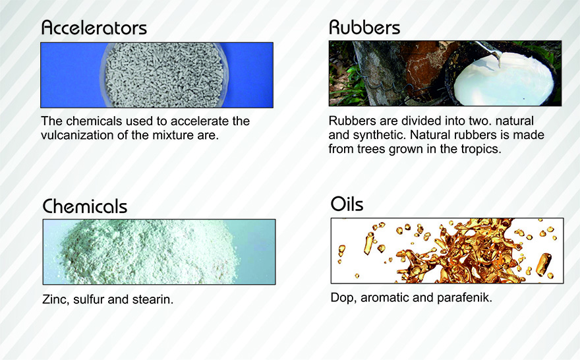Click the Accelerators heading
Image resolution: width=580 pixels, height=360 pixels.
pyautogui.click(x=94, y=28)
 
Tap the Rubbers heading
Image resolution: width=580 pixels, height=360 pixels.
pyautogui.click(x=364, y=27)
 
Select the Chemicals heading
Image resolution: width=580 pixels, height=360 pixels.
pyautogui.click(x=85, y=206)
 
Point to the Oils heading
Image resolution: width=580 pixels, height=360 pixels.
pyautogui.click(x=347, y=204)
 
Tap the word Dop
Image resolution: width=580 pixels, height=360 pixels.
pyautogui.click(x=343, y=298)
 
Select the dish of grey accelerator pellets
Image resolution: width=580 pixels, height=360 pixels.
pyautogui.click(x=164, y=75)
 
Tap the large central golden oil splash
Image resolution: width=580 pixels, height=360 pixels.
pyautogui.click(x=459, y=252)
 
